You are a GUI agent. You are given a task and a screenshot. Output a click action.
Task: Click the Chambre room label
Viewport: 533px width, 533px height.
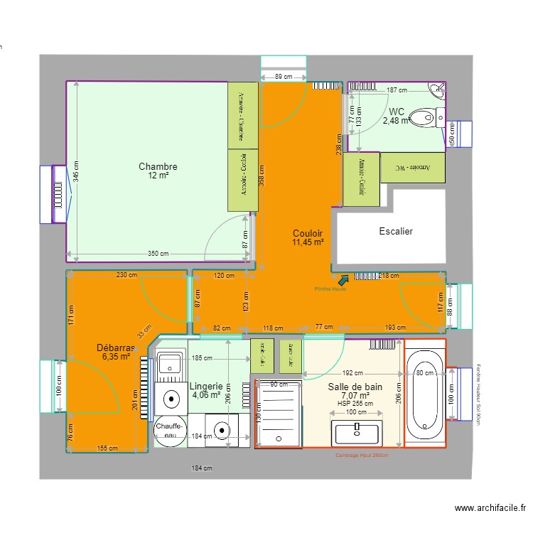tap(158, 167)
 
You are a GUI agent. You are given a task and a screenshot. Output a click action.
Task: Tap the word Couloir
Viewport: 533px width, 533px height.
tap(308, 233)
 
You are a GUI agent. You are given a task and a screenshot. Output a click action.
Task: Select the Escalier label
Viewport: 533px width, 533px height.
tap(396, 231)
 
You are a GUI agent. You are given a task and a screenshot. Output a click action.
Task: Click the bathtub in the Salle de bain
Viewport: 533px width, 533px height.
tap(425, 392)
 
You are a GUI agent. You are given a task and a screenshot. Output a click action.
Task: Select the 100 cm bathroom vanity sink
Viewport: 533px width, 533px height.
tap(357, 431)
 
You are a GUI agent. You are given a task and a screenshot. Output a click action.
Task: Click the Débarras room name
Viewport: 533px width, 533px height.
tap(116, 348)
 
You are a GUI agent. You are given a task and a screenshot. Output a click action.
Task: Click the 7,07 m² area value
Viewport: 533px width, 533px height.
tap(355, 396)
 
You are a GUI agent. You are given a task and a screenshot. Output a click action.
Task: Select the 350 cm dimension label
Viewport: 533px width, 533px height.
tap(158, 254)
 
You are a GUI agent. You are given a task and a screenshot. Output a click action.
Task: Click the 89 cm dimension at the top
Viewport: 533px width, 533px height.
tap(283, 77)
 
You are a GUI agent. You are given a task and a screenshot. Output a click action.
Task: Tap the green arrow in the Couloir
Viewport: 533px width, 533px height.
tap(344, 280)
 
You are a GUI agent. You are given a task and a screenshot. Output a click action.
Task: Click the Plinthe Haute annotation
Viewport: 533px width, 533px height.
tap(330, 289)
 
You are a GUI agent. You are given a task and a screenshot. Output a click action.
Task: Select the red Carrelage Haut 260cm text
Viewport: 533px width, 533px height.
tap(362, 456)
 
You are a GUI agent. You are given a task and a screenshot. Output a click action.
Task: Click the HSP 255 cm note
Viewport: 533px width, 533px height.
tap(355, 404)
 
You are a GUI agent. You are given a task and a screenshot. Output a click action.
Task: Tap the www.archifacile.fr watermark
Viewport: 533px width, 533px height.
tap(490, 508)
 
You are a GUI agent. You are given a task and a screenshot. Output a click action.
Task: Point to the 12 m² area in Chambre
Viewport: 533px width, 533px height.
tap(158, 176)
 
